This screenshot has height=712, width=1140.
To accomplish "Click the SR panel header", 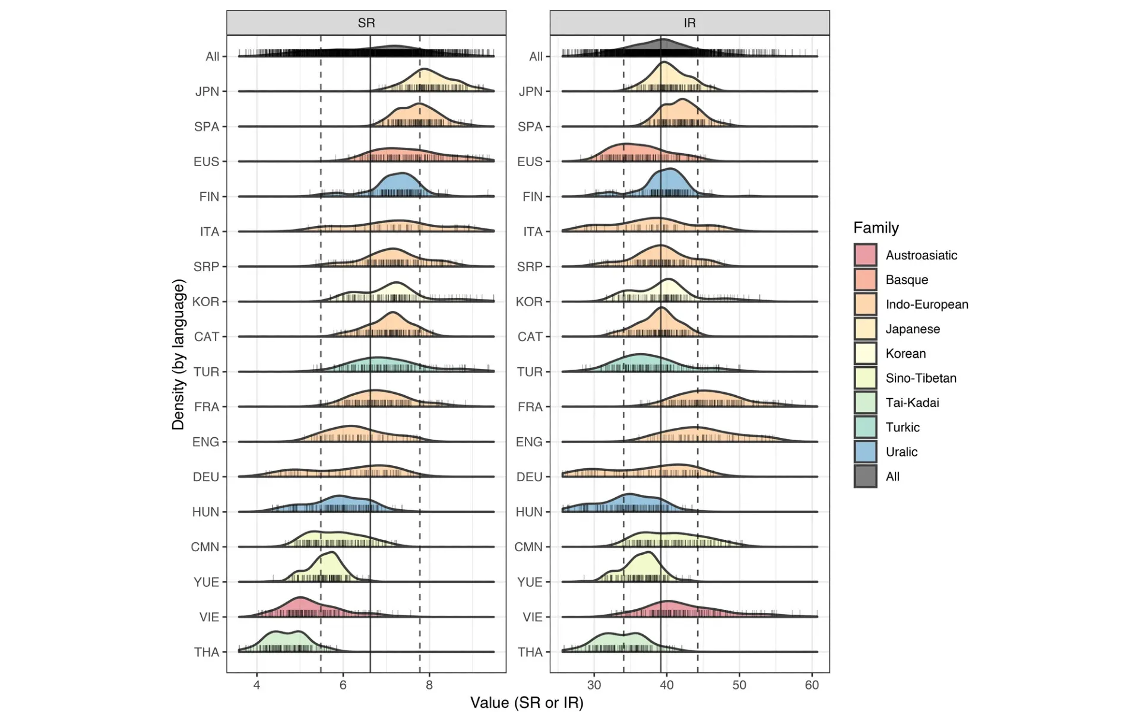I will (x=366, y=23).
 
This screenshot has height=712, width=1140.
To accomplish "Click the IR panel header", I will (x=689, y=23).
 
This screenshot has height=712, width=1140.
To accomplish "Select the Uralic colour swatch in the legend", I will (x=865, y=452).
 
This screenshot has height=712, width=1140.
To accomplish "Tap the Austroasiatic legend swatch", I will (x=865, y=255).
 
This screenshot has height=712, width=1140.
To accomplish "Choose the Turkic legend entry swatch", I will (x=865, y=427).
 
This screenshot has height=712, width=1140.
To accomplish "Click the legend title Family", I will (x=876, y=228).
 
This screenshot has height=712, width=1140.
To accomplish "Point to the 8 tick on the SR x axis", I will (x=429, y=685).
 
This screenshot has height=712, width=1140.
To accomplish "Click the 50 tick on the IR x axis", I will (x=739, y=685).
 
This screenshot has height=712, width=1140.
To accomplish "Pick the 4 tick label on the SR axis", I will (x=256, y=685).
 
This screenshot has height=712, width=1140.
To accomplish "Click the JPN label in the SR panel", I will (x=207, y=91).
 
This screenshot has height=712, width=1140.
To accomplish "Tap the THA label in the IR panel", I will (x=530, y=652).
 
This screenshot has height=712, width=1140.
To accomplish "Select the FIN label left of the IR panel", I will (x=532, y=196).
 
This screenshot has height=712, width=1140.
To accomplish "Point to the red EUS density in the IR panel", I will (x=623, y=153).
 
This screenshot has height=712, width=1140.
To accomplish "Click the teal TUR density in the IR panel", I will (x=640, y=363).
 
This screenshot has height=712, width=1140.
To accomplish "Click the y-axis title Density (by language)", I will (x=178, y=354).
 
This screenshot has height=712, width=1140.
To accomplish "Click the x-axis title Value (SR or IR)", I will (x=527, y=703).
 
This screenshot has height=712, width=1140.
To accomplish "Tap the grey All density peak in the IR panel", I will (x=663, y=46).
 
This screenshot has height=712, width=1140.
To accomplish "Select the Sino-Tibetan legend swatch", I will (x=865, y=378).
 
